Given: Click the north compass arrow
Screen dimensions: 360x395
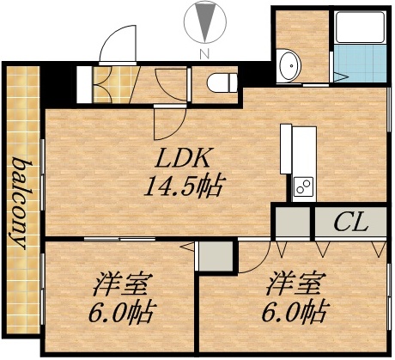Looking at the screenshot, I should (204, 21).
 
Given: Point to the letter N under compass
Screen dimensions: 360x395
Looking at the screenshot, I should (204, 54).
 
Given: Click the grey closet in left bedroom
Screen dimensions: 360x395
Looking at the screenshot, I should (216, 255).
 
